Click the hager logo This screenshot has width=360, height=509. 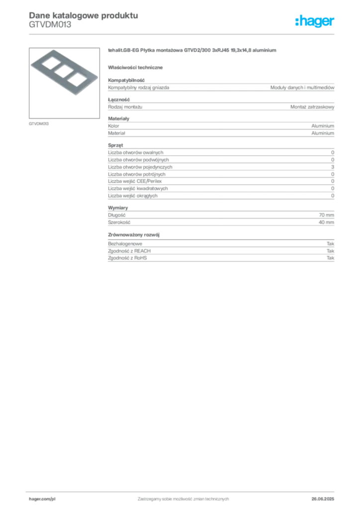pyautogui.click(x=315, y=21)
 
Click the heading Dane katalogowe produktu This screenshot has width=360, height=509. pyautogui.click(x=84, y=15)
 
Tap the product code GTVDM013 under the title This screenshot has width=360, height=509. pyautogui.click(x=50, y=25)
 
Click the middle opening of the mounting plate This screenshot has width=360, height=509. pyautogui.click(x=64, y=72)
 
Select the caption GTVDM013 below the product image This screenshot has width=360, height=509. pyautogui.click(x=39, y=124)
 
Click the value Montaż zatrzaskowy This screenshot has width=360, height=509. pyautogui.click(x=312, y=107)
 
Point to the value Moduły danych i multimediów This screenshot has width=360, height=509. pyautogui.click(x=302, y=87)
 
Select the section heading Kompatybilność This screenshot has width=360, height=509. pyautogui.click(x=126, y=80)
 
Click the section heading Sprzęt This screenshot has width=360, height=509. pyautogui.click(x=115, y=145)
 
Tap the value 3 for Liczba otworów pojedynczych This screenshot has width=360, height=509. pyautogui.click(x=333, y=167)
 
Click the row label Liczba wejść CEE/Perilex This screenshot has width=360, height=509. pyautogui.click(x=135, y=181)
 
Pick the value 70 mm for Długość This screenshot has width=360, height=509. pyautogui.click(x=327, y=215)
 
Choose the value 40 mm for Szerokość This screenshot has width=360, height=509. pyautogui.click(x=327, y=222)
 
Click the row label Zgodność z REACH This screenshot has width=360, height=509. pyautogui.click(x=129, y=251)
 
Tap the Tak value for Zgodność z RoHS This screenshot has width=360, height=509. pyautogui.click(x=331, y=258)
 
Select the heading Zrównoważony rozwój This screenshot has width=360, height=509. pyautogui.click(x=134, y=235)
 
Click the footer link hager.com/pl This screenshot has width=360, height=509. pyautogui.click(x=42, y=499)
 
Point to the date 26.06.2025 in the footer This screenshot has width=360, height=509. pyautogui.click(x=323, y=499)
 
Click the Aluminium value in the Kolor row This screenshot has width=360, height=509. pyautogui.click(x=323, y=126)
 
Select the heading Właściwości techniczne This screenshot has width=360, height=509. pyautogui.click(x=135, y=68)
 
